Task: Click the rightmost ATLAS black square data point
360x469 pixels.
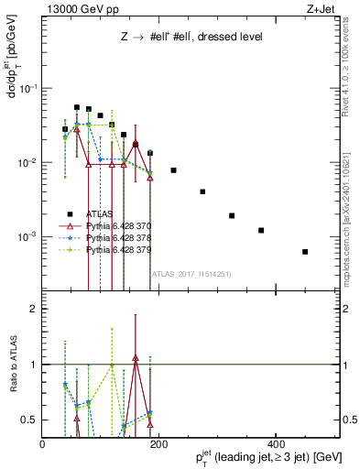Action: (305, 252)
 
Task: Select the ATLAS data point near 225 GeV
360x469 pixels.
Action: (174, 170)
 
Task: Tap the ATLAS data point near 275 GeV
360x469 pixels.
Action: (202, 191)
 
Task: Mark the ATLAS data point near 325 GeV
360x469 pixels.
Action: (232, 216)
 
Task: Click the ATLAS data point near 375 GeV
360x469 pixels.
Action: (261, 231)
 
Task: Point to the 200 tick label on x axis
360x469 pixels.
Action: (158, 443)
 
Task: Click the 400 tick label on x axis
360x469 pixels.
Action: (274, 443)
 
